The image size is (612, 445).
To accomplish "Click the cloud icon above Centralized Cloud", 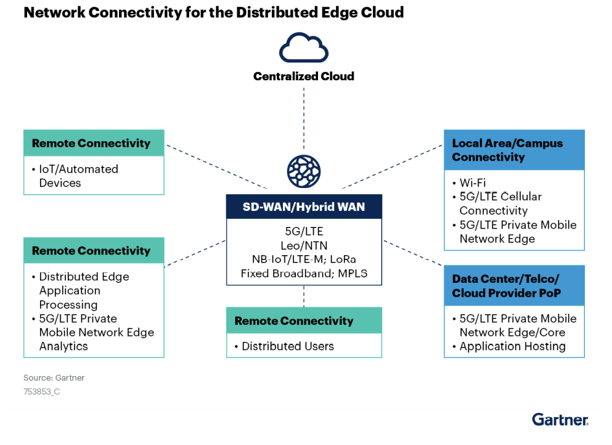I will click(303, 47).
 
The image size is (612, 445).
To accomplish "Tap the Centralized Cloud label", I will click(303, 76).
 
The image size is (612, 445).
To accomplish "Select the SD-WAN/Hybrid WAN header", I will click(303, 207).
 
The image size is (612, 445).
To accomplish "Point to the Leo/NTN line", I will click(303, 245).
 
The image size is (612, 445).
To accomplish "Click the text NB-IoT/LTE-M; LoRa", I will click(303, 259).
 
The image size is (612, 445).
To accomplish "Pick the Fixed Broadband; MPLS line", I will click(303, 273).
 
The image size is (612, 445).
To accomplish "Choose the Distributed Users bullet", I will click(287, 346).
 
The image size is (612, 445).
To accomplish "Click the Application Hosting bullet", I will click(512, 346).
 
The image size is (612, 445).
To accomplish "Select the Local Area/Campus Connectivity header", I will click(507, 150).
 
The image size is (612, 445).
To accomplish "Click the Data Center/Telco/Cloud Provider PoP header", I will click(507, 286).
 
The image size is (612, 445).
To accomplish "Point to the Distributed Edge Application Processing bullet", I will click(84, 290).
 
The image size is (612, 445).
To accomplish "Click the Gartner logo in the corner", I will click(560, 420).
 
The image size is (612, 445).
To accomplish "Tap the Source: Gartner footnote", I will click(54, 377).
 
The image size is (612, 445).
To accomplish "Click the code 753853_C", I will click(41, 391).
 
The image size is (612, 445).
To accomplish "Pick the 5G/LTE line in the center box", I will click(303, 231).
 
